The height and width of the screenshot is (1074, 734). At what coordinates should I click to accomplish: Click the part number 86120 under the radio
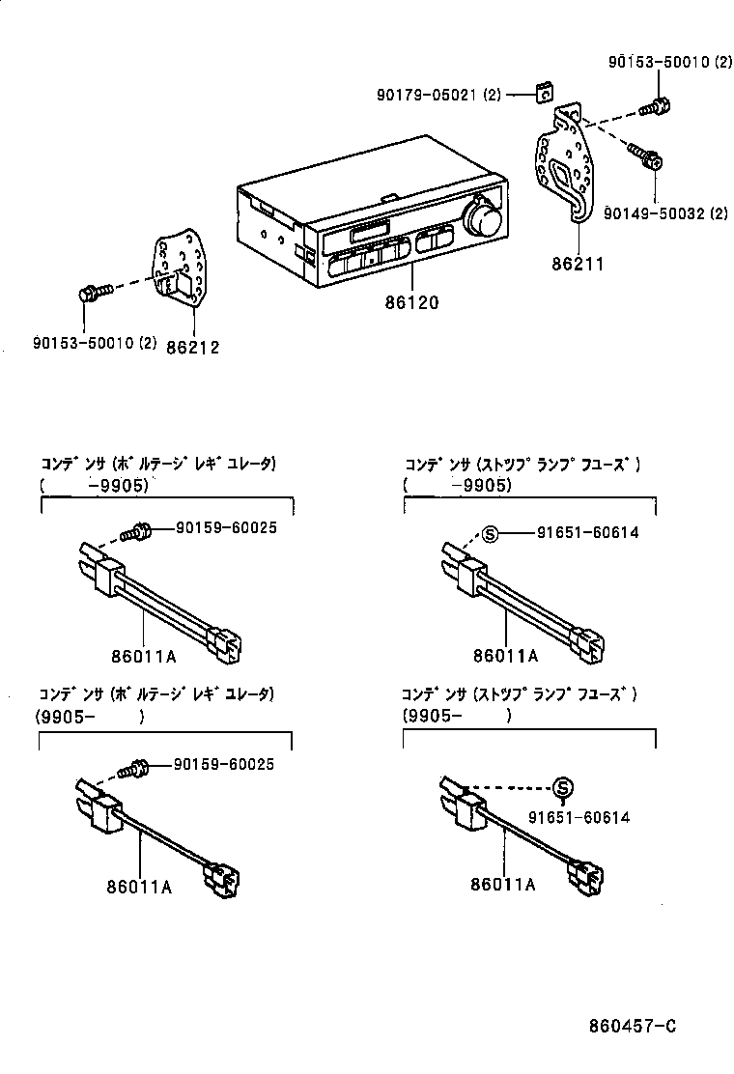click(412, 302)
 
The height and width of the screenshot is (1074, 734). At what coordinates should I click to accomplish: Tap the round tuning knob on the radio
click(482, 219)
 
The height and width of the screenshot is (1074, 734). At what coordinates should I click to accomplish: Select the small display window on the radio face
click(369, 233)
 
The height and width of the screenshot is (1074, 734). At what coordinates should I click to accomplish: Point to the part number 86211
click(578, 262)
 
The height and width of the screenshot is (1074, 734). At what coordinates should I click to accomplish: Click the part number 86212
click(192, 347)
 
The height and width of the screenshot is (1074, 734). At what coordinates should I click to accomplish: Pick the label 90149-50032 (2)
click(665, 213)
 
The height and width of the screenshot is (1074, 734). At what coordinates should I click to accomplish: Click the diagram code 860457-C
click(633, 1025)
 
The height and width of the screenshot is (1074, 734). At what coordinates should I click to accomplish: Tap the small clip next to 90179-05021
click(545, 93)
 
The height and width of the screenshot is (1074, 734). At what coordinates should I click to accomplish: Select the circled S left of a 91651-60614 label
click(490, 532)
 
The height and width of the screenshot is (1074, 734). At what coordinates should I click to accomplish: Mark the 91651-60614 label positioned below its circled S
click(579, 817)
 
